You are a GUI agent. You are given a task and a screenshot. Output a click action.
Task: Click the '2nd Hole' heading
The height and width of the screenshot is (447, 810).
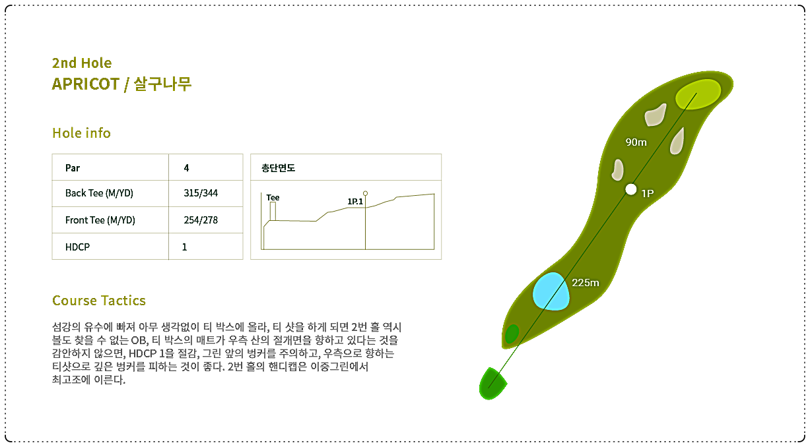(82, 63)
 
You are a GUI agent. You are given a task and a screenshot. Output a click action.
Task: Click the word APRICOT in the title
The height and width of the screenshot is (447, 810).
(85, 84)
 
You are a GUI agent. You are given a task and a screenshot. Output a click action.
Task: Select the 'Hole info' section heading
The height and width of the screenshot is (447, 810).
(81, 133)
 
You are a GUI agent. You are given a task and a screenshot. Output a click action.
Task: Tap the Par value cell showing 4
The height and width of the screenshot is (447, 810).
(186, 168)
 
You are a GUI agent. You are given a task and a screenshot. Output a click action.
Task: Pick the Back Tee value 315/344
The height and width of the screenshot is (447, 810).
(201, 193)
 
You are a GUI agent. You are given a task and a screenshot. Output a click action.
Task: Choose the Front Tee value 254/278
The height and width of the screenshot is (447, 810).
(201, 220)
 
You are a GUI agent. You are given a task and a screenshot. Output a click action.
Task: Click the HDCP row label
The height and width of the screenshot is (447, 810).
(77, 247)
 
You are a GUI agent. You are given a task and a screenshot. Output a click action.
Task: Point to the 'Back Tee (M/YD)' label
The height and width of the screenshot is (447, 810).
(99, 193)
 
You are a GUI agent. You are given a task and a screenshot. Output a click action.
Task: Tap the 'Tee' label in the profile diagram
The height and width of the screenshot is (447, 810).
(273, 198)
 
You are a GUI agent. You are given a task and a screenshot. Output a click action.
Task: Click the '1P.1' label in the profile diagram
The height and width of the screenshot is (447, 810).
(355, 202)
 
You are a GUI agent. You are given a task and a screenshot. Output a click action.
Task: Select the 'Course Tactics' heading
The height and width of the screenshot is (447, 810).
(99, 301)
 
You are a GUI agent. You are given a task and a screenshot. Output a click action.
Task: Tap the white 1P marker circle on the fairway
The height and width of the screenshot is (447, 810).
(631, 189)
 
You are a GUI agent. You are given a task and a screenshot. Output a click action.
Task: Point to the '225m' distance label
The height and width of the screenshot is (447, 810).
(586, 283)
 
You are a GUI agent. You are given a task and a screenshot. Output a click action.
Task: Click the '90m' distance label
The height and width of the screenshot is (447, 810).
(636, 142)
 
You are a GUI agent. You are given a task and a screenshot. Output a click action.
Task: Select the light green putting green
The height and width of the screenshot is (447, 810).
(698, 94)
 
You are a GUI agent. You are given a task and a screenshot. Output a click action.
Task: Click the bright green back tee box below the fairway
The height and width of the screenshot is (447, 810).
(492, 384)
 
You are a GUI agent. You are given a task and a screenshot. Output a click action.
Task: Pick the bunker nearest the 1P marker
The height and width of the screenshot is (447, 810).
(618, 169)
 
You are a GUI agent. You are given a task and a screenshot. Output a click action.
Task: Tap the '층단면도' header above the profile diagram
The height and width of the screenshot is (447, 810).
(278, 168)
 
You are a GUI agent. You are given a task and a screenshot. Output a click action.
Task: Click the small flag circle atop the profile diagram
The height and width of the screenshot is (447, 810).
(365, 194)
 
